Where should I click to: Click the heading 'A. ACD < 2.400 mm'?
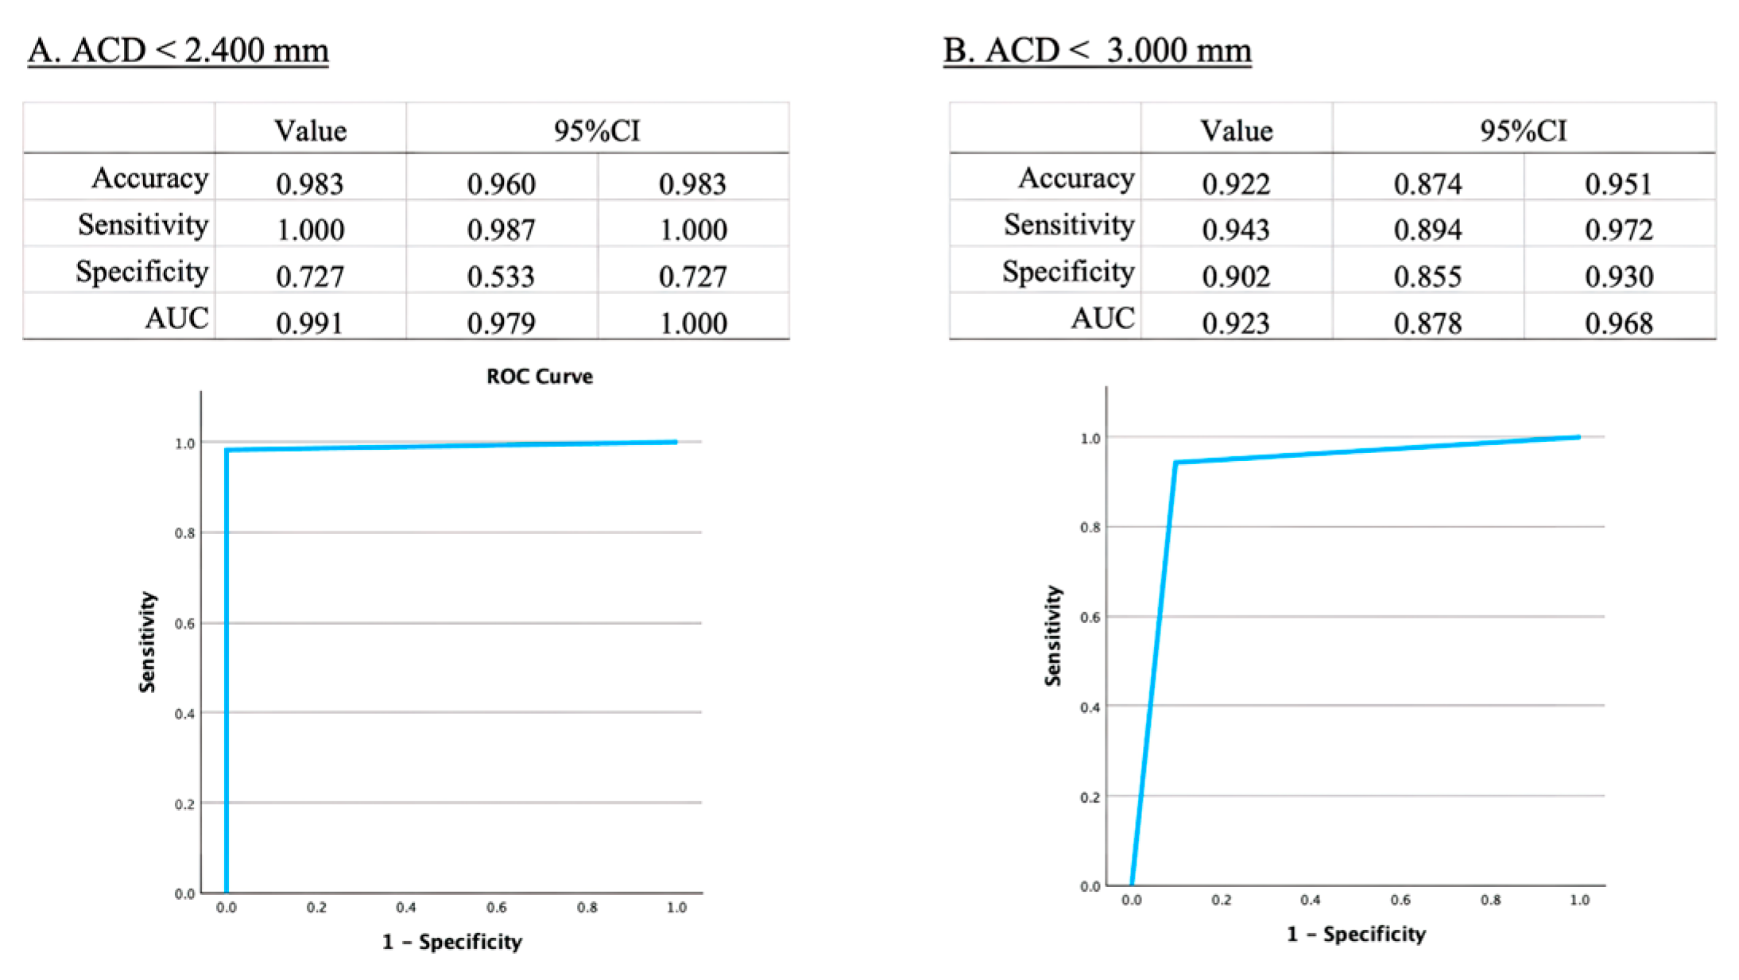pyautogui.click(x=178, y=51)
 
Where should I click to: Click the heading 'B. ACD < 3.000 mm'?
pyautogui.click(x=1097, y=51)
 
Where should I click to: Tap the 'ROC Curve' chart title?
pyautogui.click(x=539, y=376)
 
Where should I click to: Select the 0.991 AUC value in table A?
pyautogui.click(x=310, y=323)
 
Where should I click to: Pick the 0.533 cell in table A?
pyautogui.click(x=501, y=276)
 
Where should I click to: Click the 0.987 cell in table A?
pyautogui.click(x=501, y=230)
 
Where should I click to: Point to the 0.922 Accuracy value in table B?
pyautogui.click(x=1236, y=184)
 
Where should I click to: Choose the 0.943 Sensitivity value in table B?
pyautogui.click(x=1236, y=230)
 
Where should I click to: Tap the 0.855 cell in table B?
pyautogui.click(x=1427, y=276)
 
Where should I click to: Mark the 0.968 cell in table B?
pyautogui.click(x=1619, y=323)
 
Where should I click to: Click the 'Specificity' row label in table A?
pyautogui.click(x=142, y=272)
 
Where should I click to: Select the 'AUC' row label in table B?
pyautogui.click(x=1102, y=318)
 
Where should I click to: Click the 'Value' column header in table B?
pyautogui.click(x=1236, y=130)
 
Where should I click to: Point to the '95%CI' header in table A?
pyautogui.click(x=597, y=130)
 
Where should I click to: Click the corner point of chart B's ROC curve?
pyautogui.click(x=1175, y=463)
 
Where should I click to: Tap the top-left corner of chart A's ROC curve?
pyautogui.click(x=227, y=451)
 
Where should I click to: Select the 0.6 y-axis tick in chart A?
pyautogui.click(x=184, y=624)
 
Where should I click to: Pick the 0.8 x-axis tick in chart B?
pyautogui.click(x=1490, y=900)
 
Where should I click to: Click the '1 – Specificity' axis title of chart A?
pyautogui.click(x=451, y=942)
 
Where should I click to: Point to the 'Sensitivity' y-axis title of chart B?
pyautogui.click(x=1053, y=636)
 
